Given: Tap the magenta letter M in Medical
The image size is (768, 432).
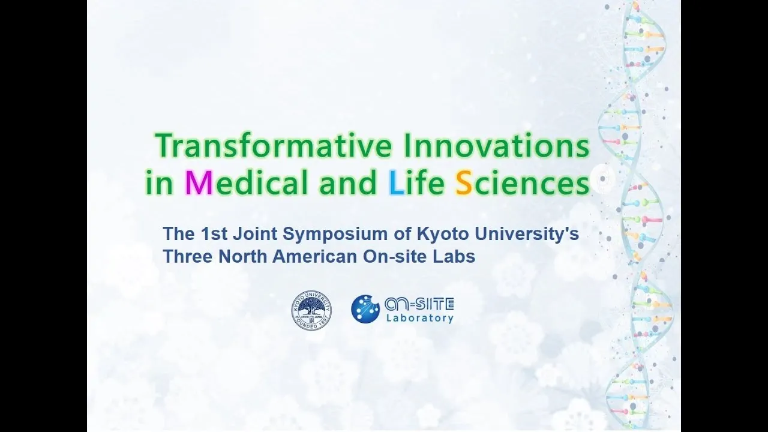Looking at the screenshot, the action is coord(199,182).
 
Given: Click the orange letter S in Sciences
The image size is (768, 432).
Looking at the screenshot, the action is coord(464,182).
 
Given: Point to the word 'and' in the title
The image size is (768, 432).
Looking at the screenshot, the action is coord(347,182).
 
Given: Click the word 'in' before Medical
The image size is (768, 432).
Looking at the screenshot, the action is coord(159,183).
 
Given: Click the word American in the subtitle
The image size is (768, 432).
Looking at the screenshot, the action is coord(314,256).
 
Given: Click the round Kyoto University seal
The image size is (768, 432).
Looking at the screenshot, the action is coord(311,310).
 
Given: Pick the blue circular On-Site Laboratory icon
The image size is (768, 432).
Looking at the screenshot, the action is coord(365,308).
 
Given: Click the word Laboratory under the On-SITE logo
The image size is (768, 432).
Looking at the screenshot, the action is coord(420,318).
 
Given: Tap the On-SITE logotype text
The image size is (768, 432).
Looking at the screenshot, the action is coord(419,304).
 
